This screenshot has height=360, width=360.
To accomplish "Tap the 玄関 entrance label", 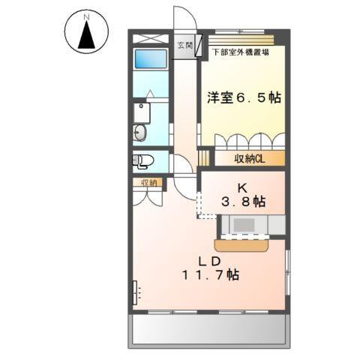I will [x=184, y=45].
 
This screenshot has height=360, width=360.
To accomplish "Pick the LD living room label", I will [x=208, y=260].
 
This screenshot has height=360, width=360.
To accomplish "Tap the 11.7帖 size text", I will [x=209, y=276].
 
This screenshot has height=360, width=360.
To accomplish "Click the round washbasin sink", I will [x=139, y=134].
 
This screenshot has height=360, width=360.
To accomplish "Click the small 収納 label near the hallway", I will [x=148, y=181].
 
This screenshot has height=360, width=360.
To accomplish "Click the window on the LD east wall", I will [x=287, y=270].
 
